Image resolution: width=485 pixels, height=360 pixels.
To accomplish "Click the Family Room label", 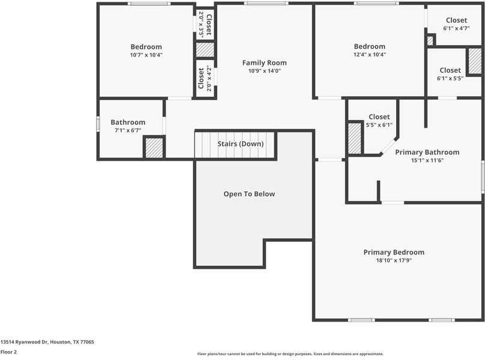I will point(264,62).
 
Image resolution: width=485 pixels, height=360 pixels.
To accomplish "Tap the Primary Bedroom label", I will point(394,252).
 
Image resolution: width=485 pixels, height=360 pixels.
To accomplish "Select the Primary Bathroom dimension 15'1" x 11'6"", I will point(427,160).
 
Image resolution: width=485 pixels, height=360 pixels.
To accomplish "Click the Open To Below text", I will point(249,194).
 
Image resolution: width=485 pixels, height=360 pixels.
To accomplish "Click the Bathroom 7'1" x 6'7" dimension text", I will point(128,130).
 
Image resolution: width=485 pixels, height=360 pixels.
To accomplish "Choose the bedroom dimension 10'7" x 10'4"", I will point(146,55).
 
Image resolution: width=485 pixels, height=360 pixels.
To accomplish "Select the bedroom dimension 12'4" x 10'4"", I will point(369,55).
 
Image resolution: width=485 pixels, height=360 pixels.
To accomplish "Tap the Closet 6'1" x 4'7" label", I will point(456,20).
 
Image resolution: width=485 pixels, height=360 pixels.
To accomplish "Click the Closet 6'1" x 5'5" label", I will point(450,70).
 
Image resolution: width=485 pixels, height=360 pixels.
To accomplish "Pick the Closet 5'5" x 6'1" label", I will point(379,117).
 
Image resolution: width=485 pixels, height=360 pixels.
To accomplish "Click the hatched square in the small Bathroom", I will point(154,148).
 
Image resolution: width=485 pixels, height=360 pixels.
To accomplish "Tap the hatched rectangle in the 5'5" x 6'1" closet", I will point(355,138).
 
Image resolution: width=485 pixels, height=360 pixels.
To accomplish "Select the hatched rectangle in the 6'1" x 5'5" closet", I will point(474,61).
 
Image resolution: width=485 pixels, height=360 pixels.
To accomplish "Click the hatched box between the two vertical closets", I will point(205,49).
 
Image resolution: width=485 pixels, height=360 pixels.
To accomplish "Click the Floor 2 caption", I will point(8,352).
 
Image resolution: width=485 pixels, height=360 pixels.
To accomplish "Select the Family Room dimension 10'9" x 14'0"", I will point(264,71).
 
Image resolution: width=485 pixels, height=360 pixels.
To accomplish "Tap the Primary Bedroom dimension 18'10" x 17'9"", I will point(394,260).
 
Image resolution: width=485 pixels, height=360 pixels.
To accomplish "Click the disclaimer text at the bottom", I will point(290,354).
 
